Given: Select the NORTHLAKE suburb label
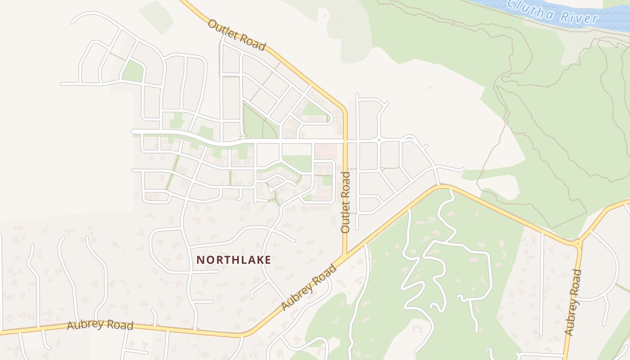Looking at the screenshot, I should pos(234,260).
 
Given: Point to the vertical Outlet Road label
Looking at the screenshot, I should pos(346,202).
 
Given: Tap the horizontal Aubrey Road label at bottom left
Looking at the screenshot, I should pos(100,325).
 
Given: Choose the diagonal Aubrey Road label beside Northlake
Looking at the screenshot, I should pos(309,288).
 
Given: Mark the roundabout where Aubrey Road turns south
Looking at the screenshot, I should pos(578,243).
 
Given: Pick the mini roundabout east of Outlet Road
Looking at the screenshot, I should pos(379,140).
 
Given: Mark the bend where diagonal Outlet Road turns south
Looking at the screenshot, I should pos(344,109).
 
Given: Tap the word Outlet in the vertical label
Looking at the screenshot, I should pos(346,217).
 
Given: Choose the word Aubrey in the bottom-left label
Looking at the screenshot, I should pos(83,324).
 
